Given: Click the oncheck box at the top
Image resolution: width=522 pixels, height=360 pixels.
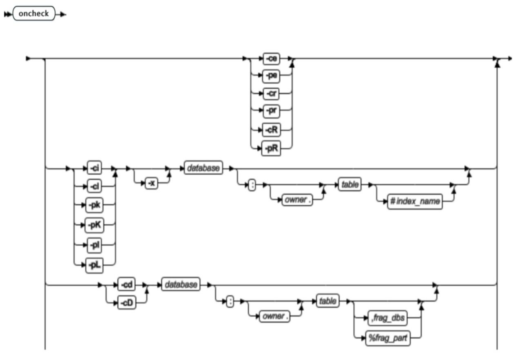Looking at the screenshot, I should [33, 14].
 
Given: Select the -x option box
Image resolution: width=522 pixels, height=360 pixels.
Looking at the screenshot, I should [152, 184].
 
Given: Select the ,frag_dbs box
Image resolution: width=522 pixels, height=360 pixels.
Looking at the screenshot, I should [387, 319].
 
